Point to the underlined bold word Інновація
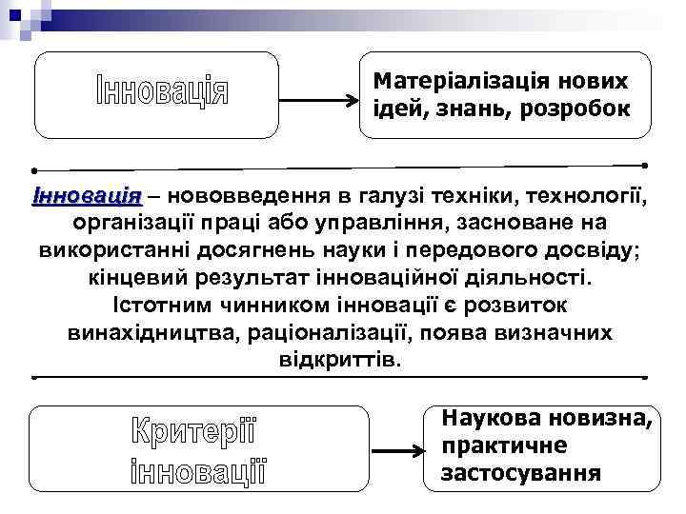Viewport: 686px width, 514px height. coord(87,197)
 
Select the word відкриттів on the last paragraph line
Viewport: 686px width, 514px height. coord(341,363)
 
